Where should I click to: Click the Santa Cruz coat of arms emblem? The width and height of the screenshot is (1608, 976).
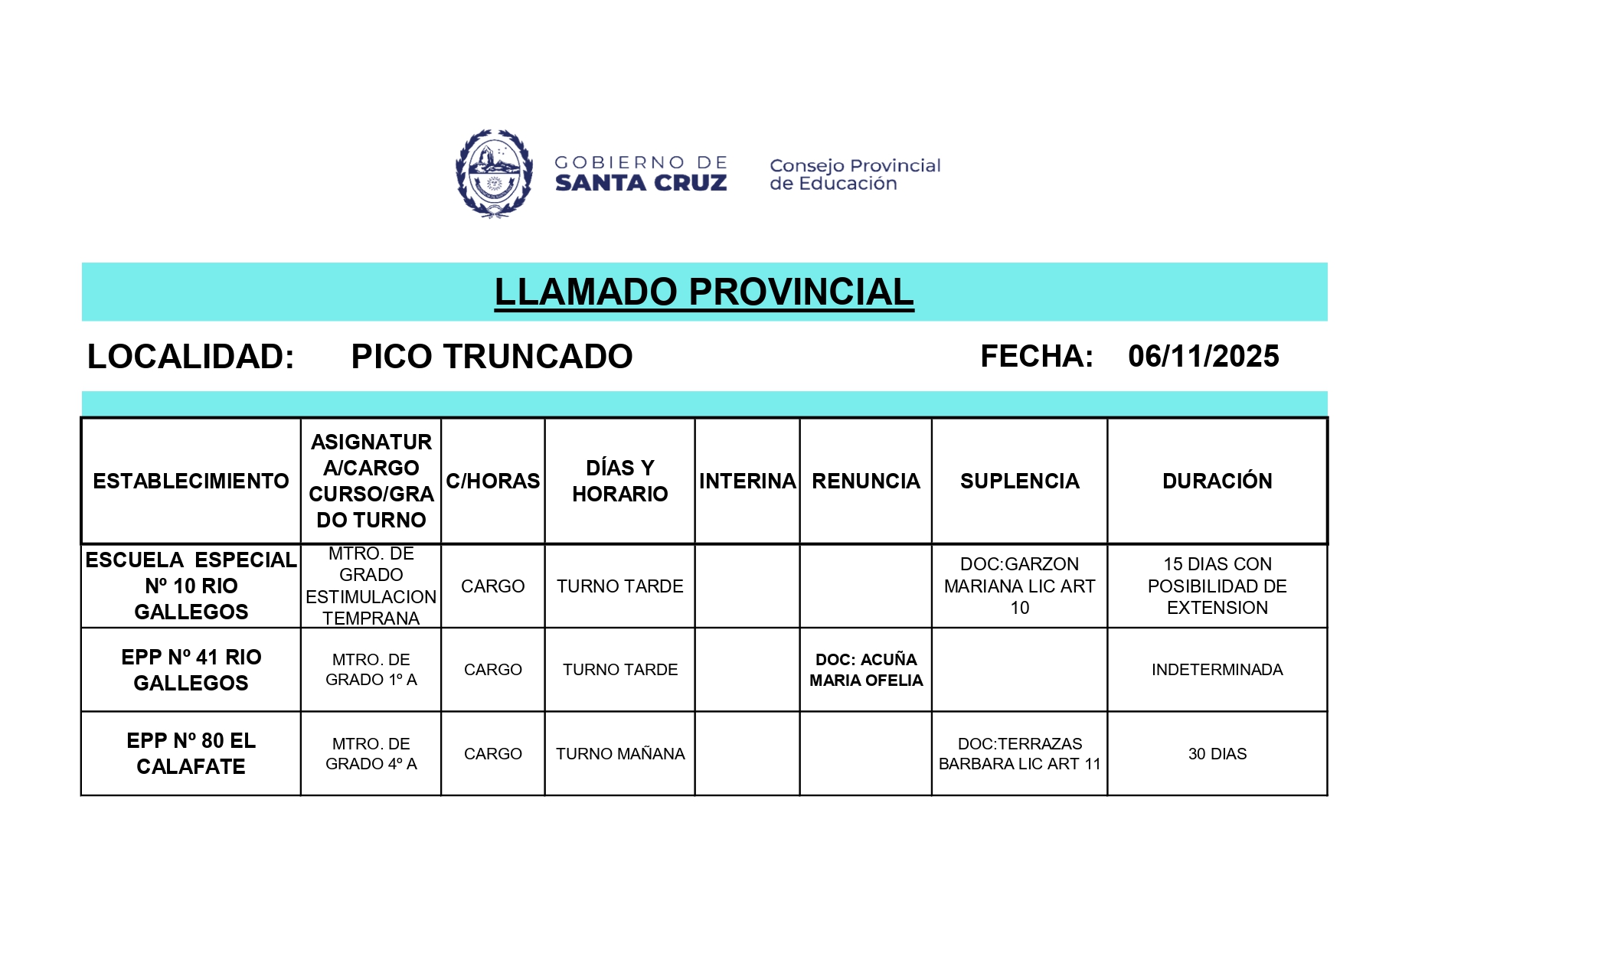pos(494,174)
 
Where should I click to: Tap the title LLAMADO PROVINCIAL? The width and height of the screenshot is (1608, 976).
pos(704,292)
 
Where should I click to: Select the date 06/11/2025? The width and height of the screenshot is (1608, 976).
pos(1203,357)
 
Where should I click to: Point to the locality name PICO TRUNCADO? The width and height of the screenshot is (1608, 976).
pos(492,357)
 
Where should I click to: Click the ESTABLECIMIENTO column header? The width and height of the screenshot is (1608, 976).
pos(191,481)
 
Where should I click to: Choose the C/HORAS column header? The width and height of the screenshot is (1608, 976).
pos(493,481)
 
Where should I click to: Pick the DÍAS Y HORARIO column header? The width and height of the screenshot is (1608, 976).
pos(619,481)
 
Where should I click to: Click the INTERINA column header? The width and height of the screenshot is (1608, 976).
pos(747,481)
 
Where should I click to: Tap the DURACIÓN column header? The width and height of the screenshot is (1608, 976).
pos(1217,481)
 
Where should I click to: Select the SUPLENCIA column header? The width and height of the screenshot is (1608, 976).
pos(1019,481)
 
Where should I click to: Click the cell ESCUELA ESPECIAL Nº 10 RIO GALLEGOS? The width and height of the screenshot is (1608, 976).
pos(191,586)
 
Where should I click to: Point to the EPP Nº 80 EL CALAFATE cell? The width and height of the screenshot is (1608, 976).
pos(191,754)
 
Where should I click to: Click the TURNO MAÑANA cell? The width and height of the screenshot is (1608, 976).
pos(620,754)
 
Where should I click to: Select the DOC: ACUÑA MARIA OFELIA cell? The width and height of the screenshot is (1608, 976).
pos(866,670)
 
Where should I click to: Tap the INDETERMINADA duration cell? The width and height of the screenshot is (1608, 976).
pos(1217,670)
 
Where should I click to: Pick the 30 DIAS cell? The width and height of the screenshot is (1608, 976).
pos(1217,754)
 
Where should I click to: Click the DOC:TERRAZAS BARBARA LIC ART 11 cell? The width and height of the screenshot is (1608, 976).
pos(1019,754)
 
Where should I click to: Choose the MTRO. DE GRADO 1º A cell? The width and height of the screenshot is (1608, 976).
pos(371,670)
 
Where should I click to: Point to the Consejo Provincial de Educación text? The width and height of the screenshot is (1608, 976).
pos(855,175)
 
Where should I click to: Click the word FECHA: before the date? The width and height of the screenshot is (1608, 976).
pos(1037,357)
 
